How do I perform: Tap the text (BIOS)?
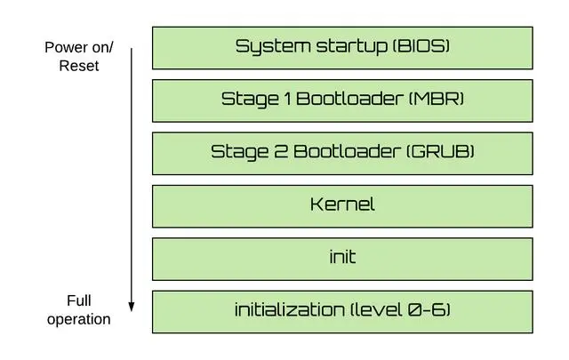[x=421, y=46]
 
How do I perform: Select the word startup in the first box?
[x=343, y=46]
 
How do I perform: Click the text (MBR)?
[x=436, y=99]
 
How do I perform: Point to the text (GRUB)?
[x=440, y=151]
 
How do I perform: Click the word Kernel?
[x=342, y=204]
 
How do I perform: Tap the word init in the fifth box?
[x=342, y=257]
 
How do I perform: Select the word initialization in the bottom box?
[x=290, y=309]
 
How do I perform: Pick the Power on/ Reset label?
[x=79, y=56]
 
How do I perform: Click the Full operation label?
[x=79, y=309]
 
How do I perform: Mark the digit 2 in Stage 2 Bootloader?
[x=276, y=151]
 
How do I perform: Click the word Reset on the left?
[x=79, y=65]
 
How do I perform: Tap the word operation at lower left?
[x=79, y=318]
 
